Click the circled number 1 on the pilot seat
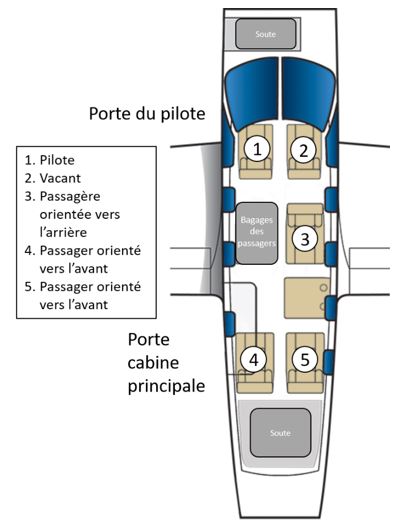[x=257, y=149]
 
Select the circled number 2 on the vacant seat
[x=303, y=150]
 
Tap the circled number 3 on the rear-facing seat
[x=305, y=239]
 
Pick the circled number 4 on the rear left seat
[x=254, y=360]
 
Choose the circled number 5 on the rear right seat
[x=305, y=359]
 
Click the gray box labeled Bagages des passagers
[x=256, y=233]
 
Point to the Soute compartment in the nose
[x=266, y=34]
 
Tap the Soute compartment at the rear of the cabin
[x=280, y=432]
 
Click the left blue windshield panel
[x=252, y=93]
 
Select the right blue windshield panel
[x=308, y=93]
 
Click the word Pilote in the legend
[x=57, y=160]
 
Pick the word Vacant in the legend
[x=60, y=178]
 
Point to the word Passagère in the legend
[x=70, y=196]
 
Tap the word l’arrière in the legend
[x=63, y=232]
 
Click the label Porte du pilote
[x=147, y=114]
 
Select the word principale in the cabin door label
[x=166, y=386]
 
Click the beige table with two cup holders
[x=307, y=298]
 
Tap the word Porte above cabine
[x=148, y=339]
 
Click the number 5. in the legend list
[x=30, y=287]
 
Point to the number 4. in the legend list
[x=30, y=251]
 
